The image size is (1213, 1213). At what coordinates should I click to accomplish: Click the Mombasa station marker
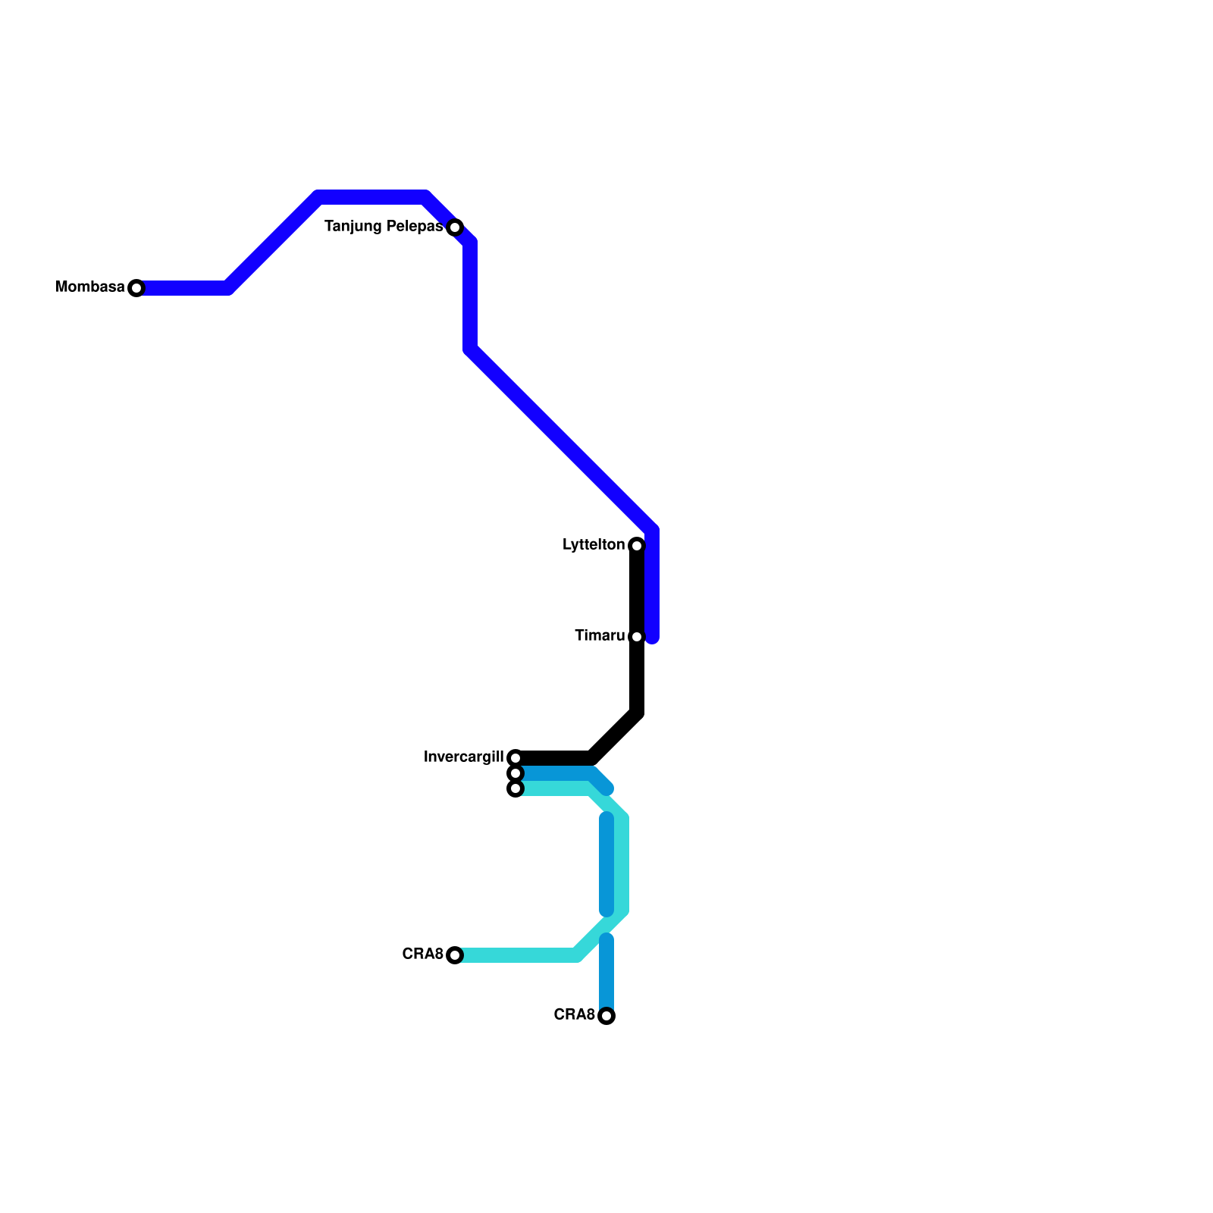pos(136,288)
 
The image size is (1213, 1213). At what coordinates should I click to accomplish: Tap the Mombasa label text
pos(90,287)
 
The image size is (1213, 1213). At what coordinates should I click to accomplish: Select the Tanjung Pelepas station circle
pos(455,227)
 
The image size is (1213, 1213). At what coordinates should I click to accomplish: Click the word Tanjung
pos(353,227)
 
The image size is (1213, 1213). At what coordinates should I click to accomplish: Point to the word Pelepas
pos(415,227)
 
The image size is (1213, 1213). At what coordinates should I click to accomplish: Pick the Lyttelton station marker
pos(637,546)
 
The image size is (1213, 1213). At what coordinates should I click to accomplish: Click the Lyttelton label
pos(594,545)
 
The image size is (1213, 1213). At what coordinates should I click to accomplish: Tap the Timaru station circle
pos(637,637)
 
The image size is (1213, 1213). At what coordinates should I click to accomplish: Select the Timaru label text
pos(600,636)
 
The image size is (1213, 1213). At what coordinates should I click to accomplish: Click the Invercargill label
pos(464,757)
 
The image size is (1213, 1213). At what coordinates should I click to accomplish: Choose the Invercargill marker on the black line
pos(516,758)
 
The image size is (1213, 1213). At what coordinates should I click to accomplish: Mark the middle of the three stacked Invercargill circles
pos(516,773)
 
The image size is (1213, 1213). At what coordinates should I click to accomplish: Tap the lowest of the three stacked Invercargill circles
pos(516,788)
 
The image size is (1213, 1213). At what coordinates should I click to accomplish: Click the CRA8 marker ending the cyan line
pos(455,955)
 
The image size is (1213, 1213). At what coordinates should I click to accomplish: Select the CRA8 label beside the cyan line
pos(422,954)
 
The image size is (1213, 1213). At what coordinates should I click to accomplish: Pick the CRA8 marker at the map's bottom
pos(606,1016)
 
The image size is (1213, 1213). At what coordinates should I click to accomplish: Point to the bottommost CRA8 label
pos(574,1015)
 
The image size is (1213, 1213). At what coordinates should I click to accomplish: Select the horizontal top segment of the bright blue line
pos(371,198)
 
